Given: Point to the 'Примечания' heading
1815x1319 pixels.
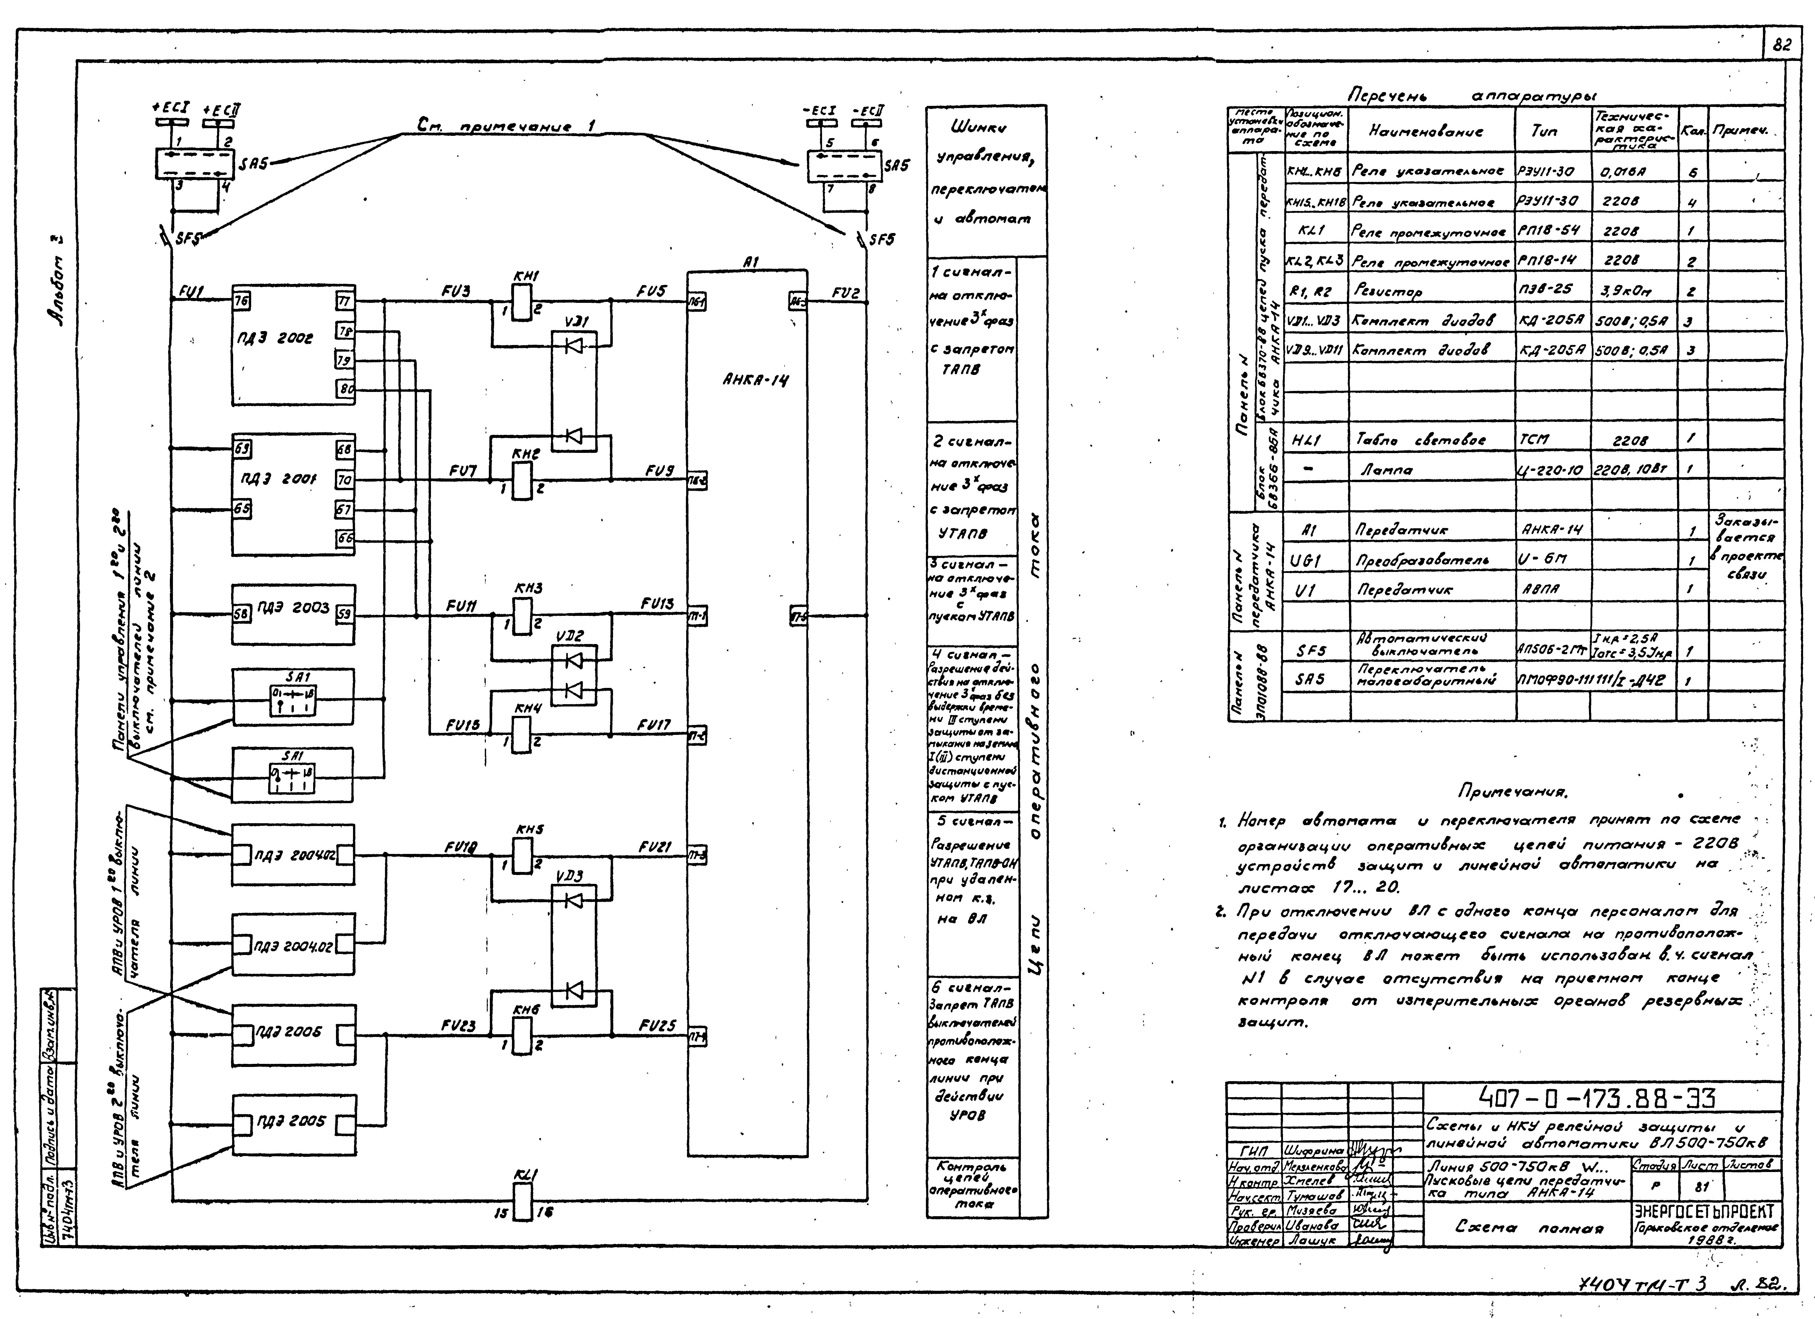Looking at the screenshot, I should click(x=1513, y=793).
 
